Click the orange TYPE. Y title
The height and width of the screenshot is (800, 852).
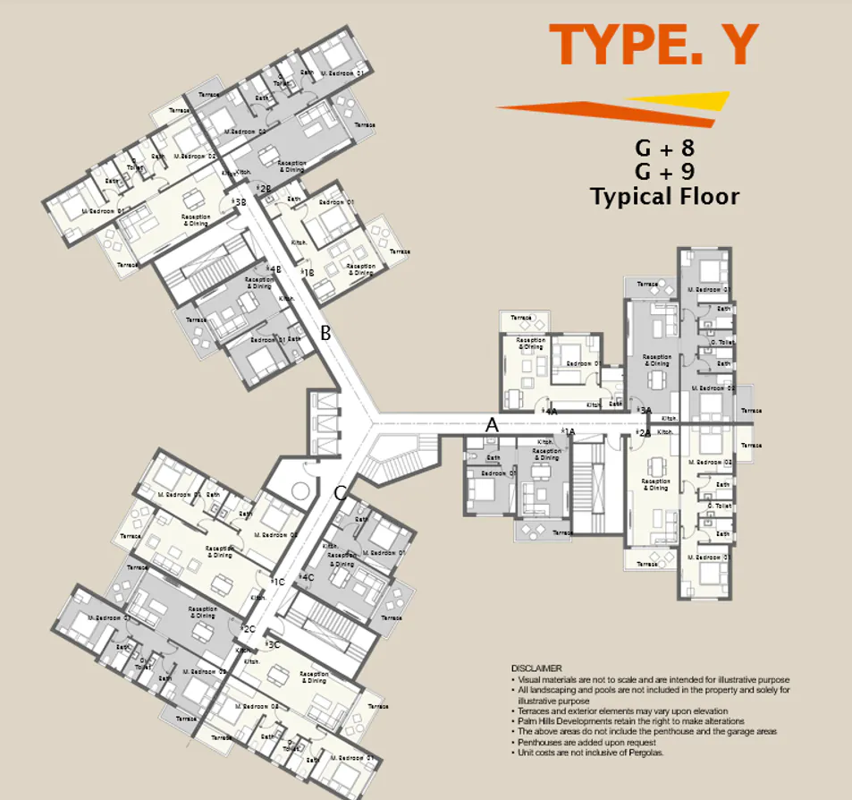tap(654, 46)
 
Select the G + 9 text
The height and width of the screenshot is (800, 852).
tap(664, 171)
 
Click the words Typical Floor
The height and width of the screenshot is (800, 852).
tap(664, 196)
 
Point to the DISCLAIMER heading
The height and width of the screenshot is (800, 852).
tap(536, 668)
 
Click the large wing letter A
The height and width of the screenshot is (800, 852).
tap(491, 426)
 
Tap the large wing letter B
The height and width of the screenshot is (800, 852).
tap(326, 334)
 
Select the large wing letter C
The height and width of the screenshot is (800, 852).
tap(340, 492)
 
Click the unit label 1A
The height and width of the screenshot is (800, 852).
tap(568, 432)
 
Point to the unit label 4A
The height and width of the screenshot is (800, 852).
tap(551, 411)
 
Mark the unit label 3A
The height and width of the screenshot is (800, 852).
tap(645, 410)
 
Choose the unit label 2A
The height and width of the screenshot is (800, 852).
tap(643, 433)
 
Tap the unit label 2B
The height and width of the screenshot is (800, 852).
tap(263, 189)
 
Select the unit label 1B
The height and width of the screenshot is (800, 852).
tap(307, 273)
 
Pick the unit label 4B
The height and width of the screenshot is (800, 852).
tap(274, 269)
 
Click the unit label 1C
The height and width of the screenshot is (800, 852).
tap(278, 582)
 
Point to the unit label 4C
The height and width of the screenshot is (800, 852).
tap(307, 577)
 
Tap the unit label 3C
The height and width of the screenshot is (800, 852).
tap(273, 643)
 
